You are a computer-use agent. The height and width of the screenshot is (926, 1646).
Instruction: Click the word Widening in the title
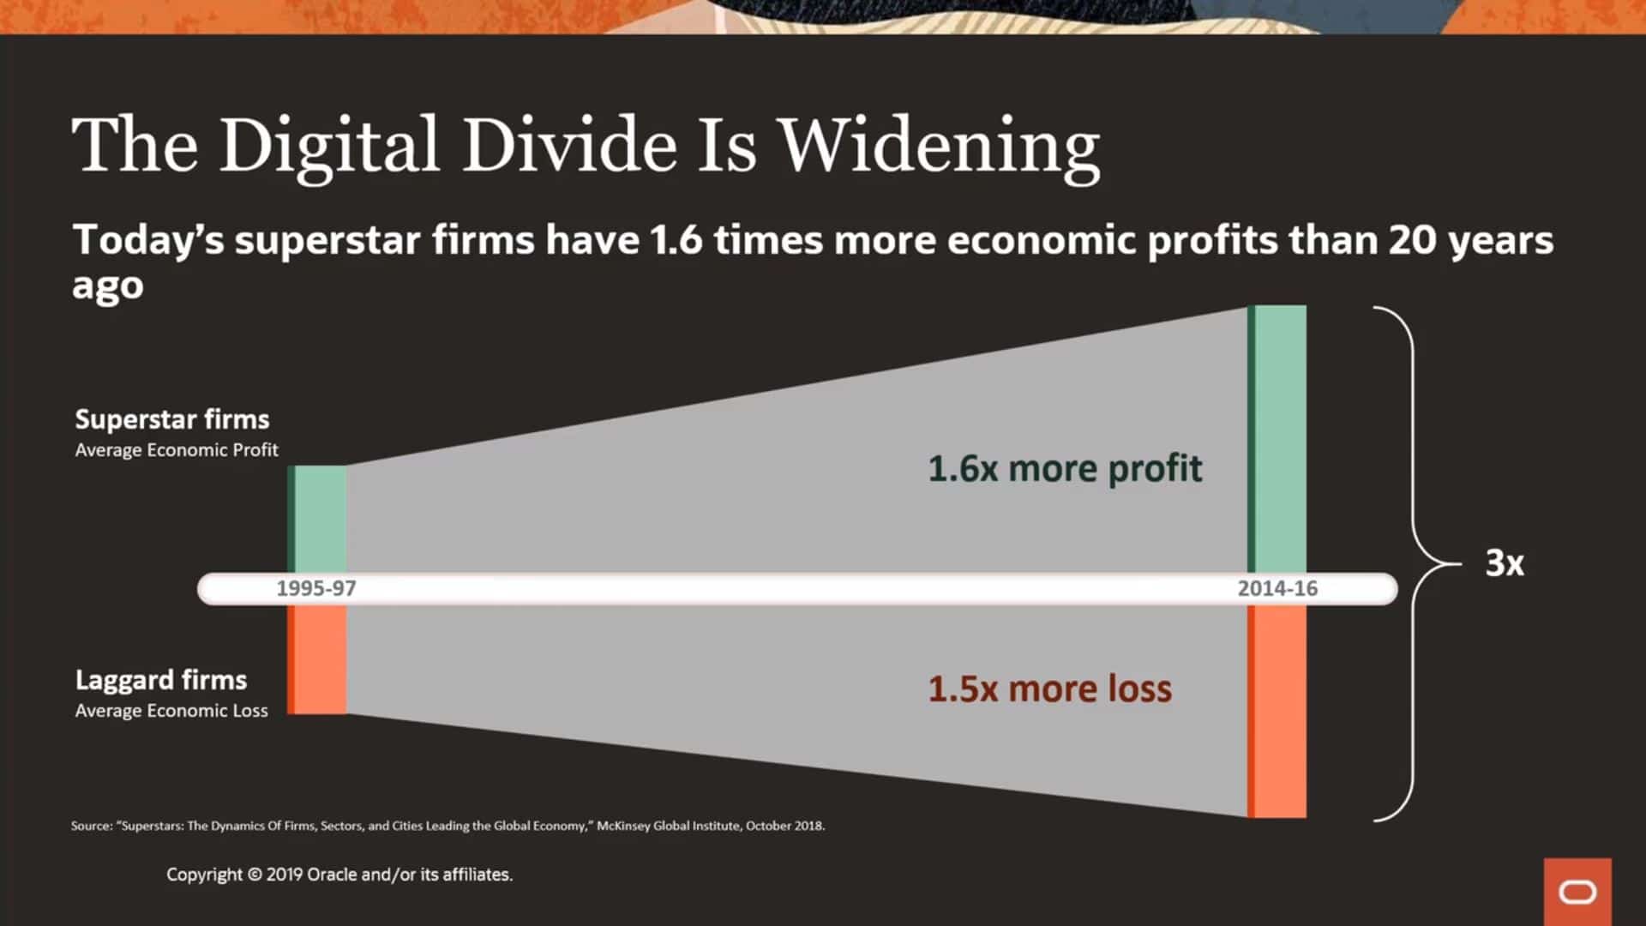click(x=940, y=147)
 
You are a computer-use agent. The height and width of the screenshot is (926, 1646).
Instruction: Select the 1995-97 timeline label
click(x=315, y=588)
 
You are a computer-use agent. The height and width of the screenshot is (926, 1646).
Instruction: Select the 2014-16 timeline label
click(x=1277, y=588)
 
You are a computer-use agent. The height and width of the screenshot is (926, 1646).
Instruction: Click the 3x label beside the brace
click(x=1505, y=563)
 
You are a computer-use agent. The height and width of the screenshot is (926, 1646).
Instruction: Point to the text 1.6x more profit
click(x=1065, y=469)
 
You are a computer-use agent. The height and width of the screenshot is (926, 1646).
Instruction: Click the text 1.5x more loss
click(x=1050, y=688)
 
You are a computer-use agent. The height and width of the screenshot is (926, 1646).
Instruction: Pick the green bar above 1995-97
click(x=317, y=520)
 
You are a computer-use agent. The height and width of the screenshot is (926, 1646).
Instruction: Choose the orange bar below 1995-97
click(x=317, y=658)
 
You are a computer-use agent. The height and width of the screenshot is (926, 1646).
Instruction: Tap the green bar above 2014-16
click(x=1277, y=439)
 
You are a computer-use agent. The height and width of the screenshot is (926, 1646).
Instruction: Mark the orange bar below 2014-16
click(x=1277, y=711)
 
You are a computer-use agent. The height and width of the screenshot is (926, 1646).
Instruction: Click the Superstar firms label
click(x=172, y=419)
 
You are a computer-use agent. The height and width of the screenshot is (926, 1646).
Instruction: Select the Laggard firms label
click(x=161, y=680)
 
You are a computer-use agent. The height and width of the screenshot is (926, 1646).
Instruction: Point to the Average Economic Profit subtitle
click(x=177, y=450)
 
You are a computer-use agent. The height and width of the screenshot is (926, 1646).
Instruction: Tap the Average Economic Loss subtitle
click(x=171, y=711)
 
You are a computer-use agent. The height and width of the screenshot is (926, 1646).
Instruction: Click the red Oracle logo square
click(x=1577, y=892)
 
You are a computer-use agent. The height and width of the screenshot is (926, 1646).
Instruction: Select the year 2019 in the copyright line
click(x=285, y=875)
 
